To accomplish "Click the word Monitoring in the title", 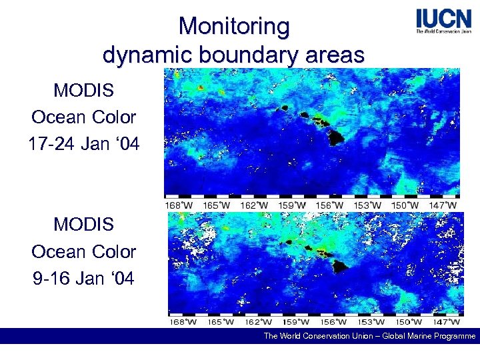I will [x=234, y=27].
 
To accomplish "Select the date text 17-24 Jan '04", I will [x=84, y=143].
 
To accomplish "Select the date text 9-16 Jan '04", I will [x=84, y=277].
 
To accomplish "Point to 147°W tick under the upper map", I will [x=443, y=205].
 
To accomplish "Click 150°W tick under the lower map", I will [x=407, y=322].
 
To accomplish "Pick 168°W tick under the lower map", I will [x=182, y=322].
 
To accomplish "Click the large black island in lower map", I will [x=342, y=265].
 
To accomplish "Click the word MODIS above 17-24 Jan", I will [x=84, y=89].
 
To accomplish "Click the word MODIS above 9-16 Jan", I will [x=84, y=225].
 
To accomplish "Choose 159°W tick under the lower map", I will [x=294, y=322].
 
